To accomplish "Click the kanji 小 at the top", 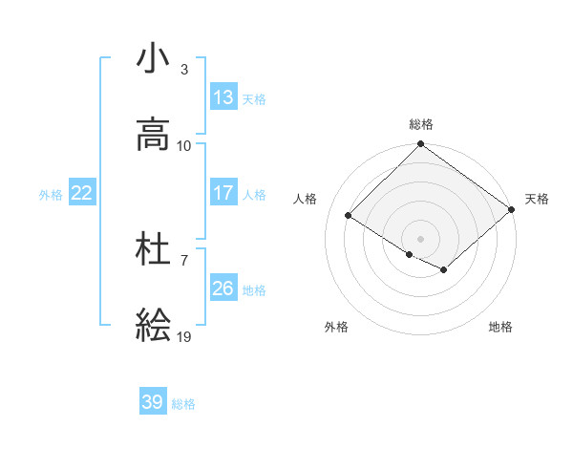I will coord(153,58).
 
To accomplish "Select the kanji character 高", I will coord(153,135).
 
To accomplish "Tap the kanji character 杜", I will coord(153,249).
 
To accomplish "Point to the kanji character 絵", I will coord(153,326).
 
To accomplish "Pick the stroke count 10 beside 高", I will coord(184,145).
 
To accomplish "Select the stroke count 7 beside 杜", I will coord(184,260).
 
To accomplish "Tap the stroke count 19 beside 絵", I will coord(184,336).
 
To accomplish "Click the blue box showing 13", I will coord(223,96).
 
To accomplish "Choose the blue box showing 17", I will coord(223,192).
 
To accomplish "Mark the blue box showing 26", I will coord(223,288).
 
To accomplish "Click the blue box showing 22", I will coord(82,192).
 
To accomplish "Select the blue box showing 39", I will coord(153,402).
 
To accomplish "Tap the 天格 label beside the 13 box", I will coord(254,98).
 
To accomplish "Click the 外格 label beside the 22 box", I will coord(51,194).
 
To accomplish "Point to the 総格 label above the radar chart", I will coord(421,124).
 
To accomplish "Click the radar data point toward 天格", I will coord(512,210).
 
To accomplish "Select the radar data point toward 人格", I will coord(349,216).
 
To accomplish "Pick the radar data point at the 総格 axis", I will coord(421,145).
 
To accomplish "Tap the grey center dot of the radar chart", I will coord(421,238).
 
